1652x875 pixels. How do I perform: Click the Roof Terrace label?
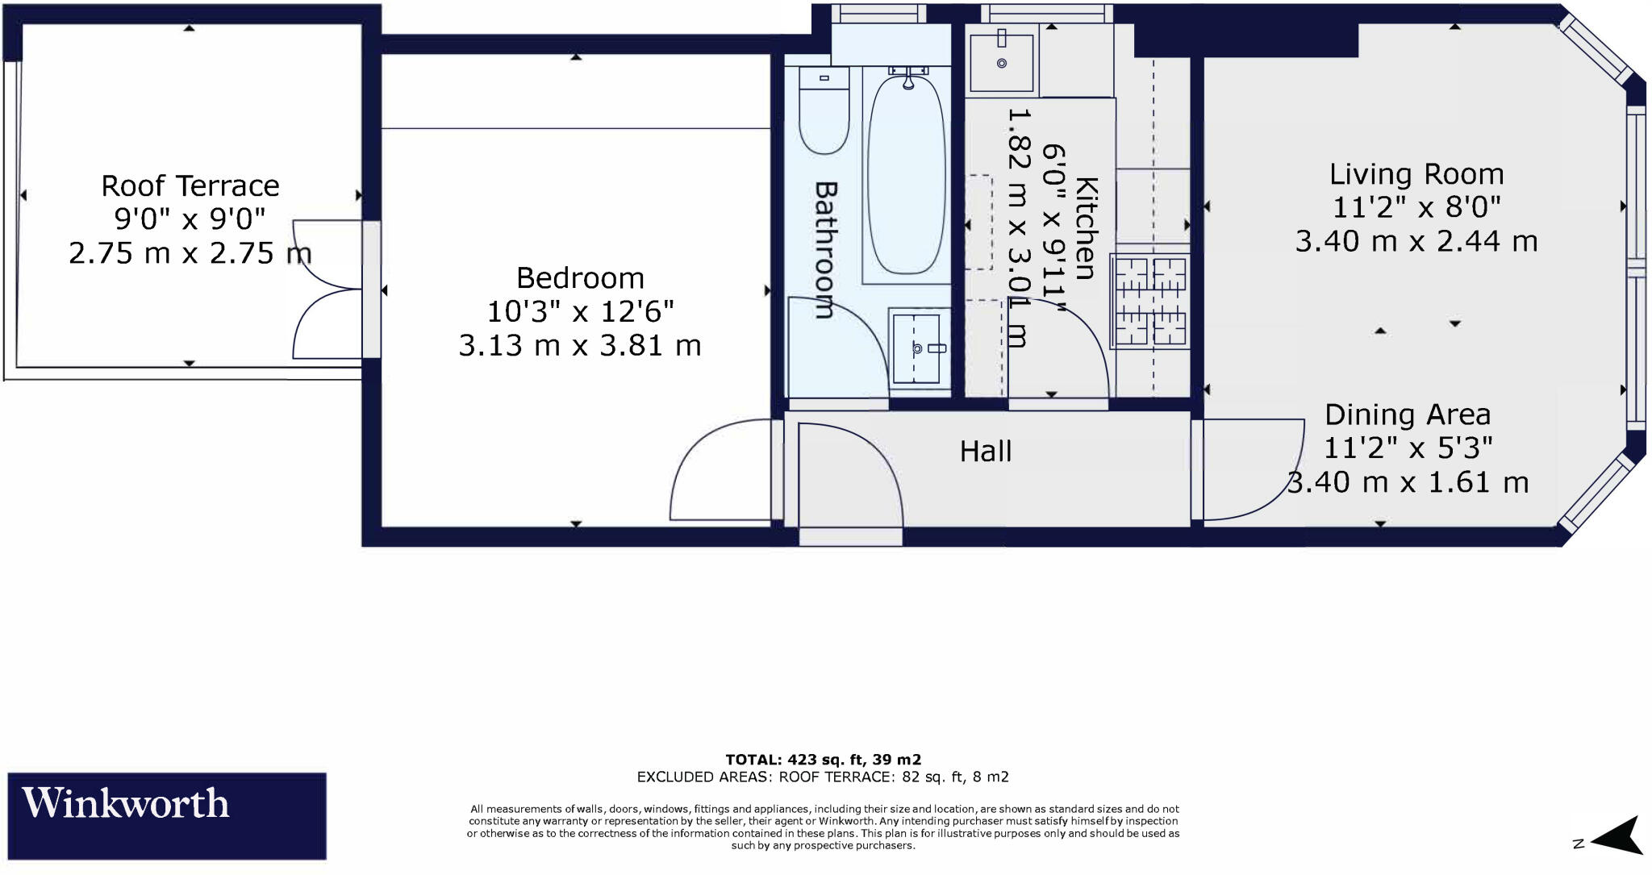coord(190,186)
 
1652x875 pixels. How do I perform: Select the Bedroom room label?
coord(580,278)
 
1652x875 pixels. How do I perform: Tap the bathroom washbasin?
coord(918,348)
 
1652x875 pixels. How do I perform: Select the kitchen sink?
coord(1001,62)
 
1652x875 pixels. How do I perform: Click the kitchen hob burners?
coord(1149,300)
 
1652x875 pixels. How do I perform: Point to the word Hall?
coord(985,452)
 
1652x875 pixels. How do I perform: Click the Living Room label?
coord(1416,174)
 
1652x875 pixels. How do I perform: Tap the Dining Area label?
coord(1407,415)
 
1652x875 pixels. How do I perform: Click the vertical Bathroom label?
coord(825,250)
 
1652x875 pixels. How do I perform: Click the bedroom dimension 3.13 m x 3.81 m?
coord(580,346)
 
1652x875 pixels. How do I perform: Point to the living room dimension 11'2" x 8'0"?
coord(1416,208)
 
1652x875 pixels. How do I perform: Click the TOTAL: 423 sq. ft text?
coord(823,760)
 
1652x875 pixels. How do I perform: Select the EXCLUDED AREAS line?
coord(823,777)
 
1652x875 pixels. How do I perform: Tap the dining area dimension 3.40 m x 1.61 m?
coord(1408,482)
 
